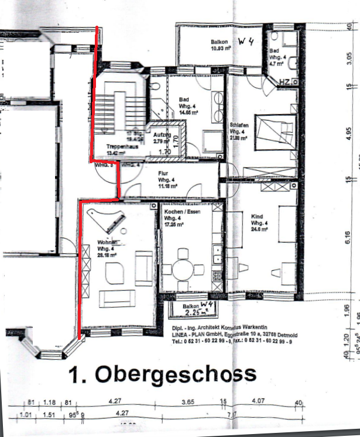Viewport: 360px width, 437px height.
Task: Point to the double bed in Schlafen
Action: coord(276,130)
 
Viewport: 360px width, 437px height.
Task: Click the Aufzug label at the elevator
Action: coord(162,135)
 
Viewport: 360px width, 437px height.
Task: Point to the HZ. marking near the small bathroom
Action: coord(286,81)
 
